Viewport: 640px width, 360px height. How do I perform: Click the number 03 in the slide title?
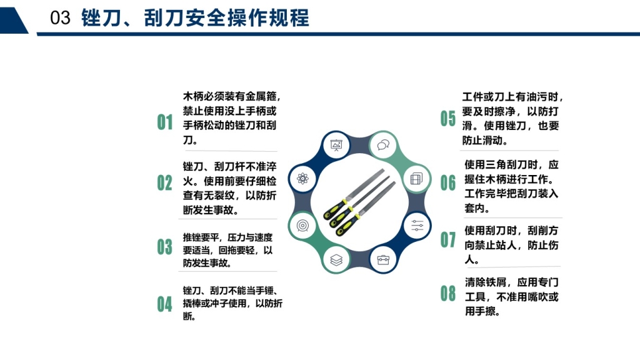60,18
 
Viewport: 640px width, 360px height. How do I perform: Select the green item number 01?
165,122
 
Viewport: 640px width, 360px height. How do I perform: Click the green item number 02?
165,183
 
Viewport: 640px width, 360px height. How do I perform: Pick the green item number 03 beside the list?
165,247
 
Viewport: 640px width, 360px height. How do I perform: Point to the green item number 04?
165,304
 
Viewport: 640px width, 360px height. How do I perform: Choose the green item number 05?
447,118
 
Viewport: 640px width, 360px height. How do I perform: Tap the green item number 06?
447,182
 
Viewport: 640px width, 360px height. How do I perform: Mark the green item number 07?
447,239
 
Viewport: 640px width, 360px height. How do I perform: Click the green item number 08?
447,294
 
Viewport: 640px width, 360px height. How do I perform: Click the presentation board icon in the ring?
336,145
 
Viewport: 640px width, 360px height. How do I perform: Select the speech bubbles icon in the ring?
383,145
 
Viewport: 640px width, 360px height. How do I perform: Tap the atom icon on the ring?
303,178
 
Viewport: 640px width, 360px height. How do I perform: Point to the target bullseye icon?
303,225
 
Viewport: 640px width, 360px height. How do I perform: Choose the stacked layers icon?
336,259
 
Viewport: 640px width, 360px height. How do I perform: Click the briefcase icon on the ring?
383,259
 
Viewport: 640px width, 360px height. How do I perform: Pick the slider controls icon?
417,225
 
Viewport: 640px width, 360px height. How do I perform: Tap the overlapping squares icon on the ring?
416,179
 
